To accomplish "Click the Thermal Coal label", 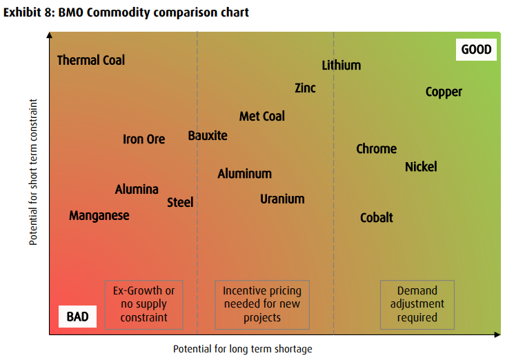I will click(91, 61).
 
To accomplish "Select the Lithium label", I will click(341, 66).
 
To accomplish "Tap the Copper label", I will click(444, 92).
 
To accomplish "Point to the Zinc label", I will click(305, 88).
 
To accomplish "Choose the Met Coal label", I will click(262, 117).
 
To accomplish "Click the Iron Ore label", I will click(143, 139).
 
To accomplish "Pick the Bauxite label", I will click(208, 136).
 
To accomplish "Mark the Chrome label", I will click(376, 149).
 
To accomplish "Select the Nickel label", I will click(421, 167).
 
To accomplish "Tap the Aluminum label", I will click(245, 174).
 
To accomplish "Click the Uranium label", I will click(282, 199).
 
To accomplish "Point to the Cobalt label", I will click(377, 218).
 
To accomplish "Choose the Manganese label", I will click(99, 216).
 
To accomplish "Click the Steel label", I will click(180, 203).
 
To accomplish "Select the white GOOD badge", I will click(476, 50).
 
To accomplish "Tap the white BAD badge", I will click(77, 317).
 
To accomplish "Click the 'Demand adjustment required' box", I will click(417, 304).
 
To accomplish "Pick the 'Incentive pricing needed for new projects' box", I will click(261, 304).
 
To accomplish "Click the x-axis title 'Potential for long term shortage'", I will click(243, 349).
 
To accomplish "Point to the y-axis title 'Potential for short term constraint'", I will click(33, 172).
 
